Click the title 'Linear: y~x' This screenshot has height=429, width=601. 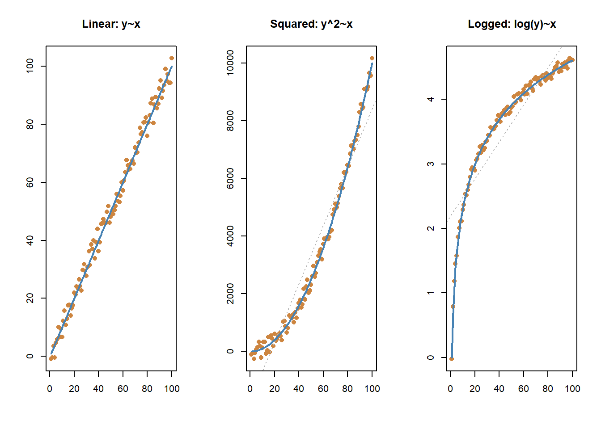coord(111,24)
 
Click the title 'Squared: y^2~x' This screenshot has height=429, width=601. coord(311,24)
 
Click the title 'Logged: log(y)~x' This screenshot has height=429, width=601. coord(512,24)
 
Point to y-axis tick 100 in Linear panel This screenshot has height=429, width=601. coord(30,66)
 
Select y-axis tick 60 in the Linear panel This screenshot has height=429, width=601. coord(30,182)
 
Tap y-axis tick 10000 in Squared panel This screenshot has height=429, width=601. coord(230,63)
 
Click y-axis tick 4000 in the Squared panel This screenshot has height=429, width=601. coord(230,236)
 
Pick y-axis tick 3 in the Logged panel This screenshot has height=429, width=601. coord(431,164)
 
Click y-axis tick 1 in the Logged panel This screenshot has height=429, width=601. coord(431,293)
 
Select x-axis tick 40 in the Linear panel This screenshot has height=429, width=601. coord(98,389)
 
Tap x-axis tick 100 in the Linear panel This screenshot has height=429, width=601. coord(172,389)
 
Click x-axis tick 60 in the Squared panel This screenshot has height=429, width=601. coord(323,389)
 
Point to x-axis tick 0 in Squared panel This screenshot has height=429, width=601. coord(250,389)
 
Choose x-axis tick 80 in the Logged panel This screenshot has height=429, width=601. coord(548,389)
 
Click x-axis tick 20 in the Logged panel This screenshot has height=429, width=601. coord(475,389)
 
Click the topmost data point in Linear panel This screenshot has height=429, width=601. coord(172,58)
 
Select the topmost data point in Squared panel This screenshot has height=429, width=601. coord(372,58)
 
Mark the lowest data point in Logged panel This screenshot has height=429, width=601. coord(452,359)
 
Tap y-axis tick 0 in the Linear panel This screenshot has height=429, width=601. coord(30,356)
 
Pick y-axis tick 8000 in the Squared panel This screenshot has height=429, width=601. coord(230,121)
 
